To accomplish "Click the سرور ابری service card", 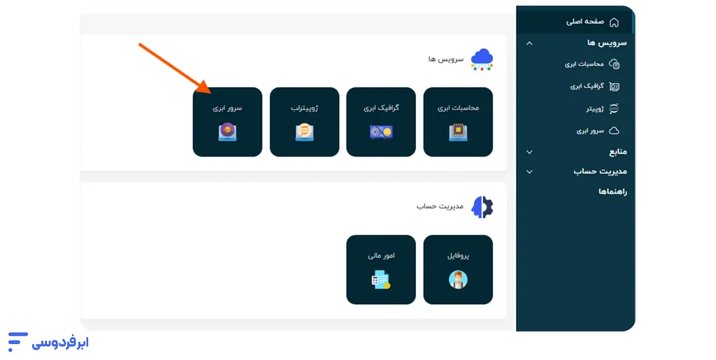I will coord(227,122).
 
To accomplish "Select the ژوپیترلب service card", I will coord(304,122).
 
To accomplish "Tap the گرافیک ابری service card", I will coord(381,122).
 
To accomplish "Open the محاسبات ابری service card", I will coord(458,122).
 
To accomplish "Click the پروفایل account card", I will coord(458,269).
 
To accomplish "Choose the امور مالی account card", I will coord(381,269).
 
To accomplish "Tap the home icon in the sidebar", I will coord(614,22).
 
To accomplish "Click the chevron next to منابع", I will coord(529,152).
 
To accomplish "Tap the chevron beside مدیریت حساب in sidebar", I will coord(529,171).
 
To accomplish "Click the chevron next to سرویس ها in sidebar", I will coord(529,43).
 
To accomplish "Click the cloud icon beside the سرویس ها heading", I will coord(482,59).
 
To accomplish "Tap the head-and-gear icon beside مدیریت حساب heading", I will coord(482,207).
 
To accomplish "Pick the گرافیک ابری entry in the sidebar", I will coord(587,87).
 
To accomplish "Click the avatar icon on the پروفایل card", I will coord(458,280).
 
